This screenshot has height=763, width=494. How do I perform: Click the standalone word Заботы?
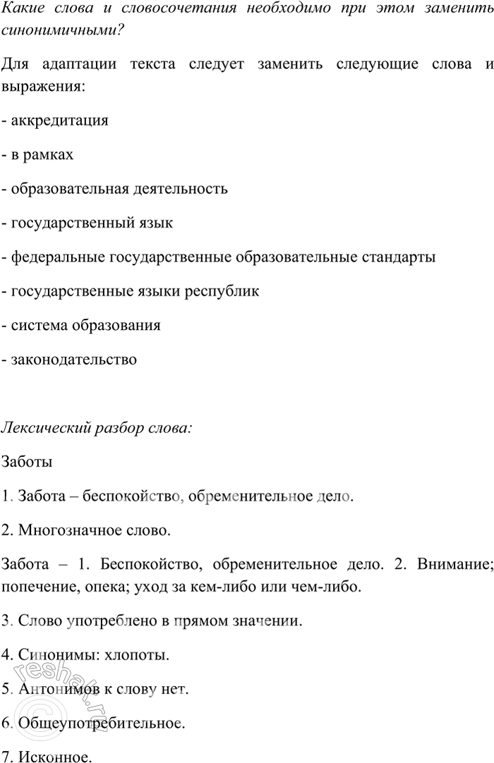tap(27, 463)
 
